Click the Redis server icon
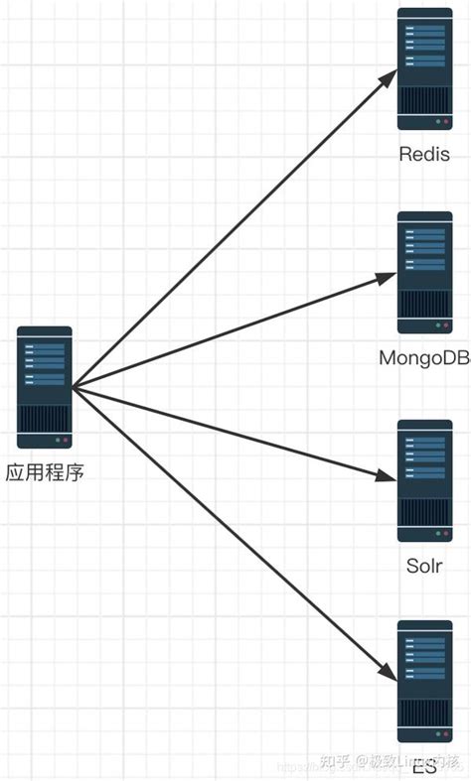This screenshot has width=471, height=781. coord(424,69)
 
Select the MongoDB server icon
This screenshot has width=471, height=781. coord(424,272)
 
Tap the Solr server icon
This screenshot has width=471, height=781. coord(424,480)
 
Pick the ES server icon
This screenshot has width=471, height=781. coord(424,682)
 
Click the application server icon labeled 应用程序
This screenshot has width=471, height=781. coord(45,387)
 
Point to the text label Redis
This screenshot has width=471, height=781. coord(424,154)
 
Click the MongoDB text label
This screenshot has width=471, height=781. coord(424,357)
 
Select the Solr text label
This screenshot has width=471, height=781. coord(424,566)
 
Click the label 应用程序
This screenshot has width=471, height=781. coord(45,472)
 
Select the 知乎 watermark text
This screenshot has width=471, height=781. coord(335,762)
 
